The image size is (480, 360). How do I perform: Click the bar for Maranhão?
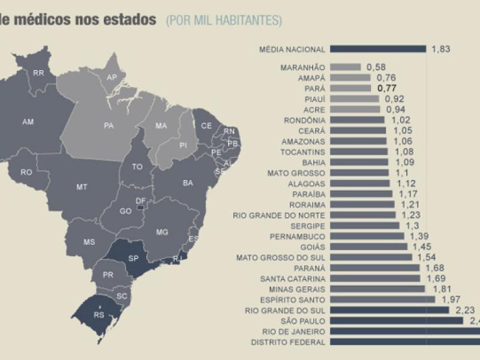pos(345,67)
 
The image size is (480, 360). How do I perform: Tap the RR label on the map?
pos(38,73)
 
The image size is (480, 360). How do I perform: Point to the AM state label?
pos(28,122)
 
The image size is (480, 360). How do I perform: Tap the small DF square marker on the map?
pos(140,208)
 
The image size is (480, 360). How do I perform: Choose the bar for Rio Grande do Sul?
pos(389,310)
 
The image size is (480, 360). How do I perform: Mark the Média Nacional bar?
pos(377,49)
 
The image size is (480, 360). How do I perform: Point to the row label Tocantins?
pos(304,151)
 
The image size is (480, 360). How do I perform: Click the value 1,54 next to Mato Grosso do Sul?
pos(425,257)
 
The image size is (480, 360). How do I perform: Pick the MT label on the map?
pos(82,187)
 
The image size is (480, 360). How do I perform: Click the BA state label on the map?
pos(188,182)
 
